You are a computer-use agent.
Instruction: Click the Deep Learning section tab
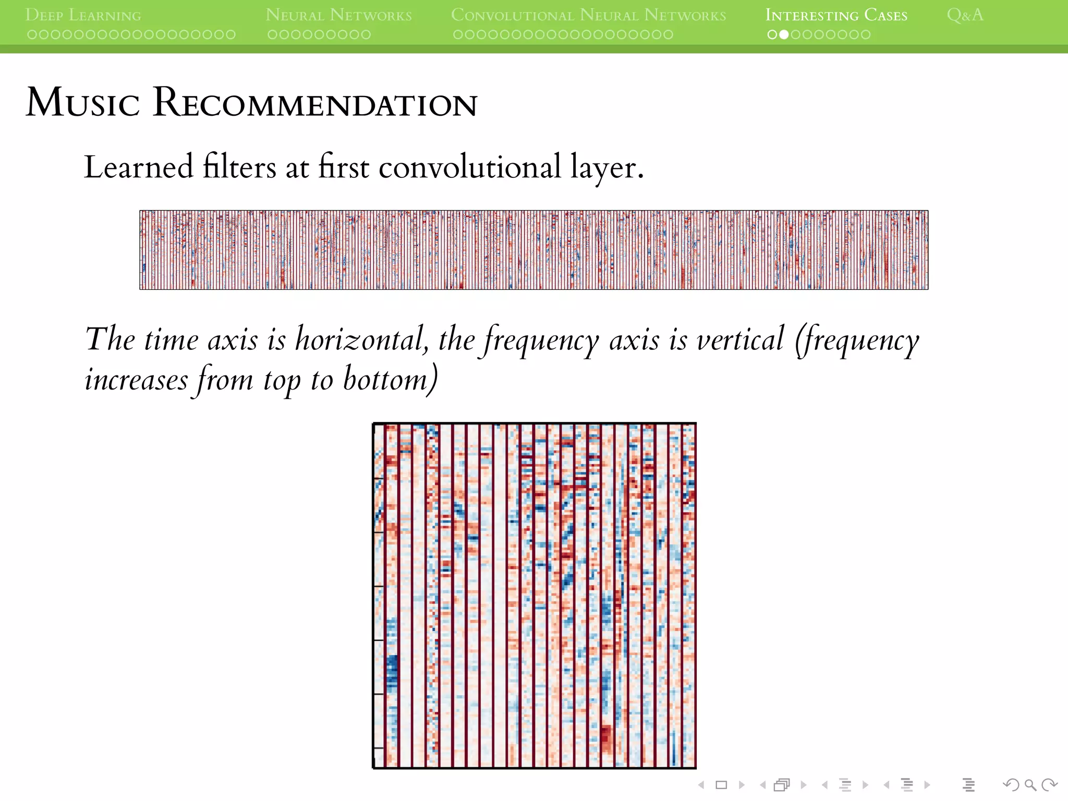tap(83, 15)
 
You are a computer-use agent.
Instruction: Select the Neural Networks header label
tap(338, 15)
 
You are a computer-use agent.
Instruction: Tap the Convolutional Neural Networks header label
tap(588, 15)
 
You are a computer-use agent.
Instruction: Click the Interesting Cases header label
tap(836, 15)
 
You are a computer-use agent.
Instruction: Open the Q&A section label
tap(965, 15)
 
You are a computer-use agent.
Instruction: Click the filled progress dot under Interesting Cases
tap(784, 35)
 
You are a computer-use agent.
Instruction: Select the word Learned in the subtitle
tap(139, 167)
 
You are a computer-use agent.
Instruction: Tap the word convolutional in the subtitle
tap(469, 167)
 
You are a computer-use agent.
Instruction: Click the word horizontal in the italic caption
tap(361, 339)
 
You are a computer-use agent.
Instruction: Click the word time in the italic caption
tap(171, 339)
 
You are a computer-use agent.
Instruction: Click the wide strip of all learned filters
tap(533, 250)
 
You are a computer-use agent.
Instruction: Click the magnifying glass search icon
tap(1030, 785)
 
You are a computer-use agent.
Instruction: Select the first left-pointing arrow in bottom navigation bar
tap(701, 785)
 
